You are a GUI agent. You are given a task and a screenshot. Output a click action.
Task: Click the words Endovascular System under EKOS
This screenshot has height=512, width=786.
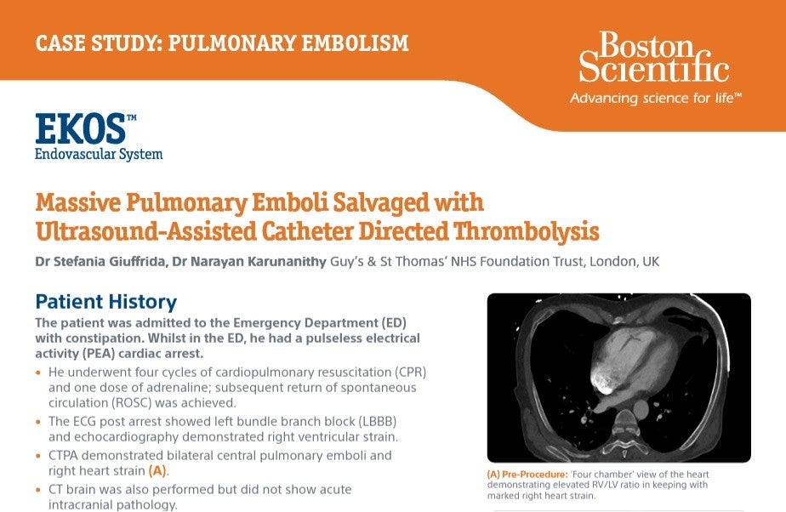98,154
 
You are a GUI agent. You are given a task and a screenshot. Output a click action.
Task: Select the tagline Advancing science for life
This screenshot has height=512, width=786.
655,99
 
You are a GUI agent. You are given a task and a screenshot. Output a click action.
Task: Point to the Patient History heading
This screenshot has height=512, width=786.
105,301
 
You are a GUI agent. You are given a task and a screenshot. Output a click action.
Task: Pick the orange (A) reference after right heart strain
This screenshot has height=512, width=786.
157,469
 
